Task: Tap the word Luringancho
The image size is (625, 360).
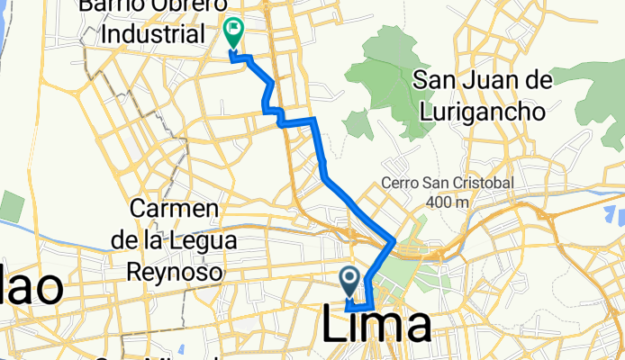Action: (x=483, y=112)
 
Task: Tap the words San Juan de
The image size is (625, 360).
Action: (x=482, y=82)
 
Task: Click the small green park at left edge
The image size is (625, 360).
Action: (x=11, y=207)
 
